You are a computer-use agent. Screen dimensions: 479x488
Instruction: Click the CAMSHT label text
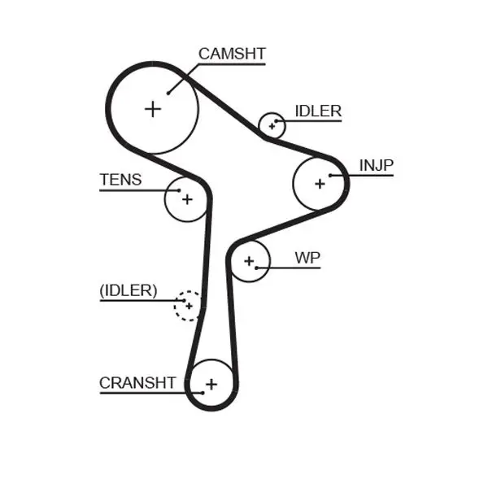pyautogui.click(x=232, y=54)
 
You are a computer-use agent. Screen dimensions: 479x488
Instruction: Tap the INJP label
pyautogui.click(x=376, y=166)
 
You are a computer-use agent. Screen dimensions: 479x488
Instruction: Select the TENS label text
pyautogui.click(x=120, y=180)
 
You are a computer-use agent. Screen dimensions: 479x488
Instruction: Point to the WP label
pyautogui.click(x=307, y=258)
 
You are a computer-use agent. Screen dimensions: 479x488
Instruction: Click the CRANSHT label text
pyautogui.click(x=137, y=382)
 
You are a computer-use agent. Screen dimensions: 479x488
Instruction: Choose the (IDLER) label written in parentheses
pyautogui.click(x=129, y=290)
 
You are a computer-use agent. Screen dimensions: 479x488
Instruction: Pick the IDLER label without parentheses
pyautogui.click(x=318, y=111)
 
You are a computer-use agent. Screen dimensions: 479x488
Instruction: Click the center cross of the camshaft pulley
pyautogui.click(x=153, y=108)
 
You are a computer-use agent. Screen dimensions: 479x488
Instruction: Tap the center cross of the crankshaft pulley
pyautogui.click(x=211, y=384)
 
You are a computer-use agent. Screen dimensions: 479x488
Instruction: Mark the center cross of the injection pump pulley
pyautogui.click(x=320, y=184)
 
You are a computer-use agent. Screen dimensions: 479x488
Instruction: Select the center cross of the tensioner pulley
pyautogui.click(x=187, y=198)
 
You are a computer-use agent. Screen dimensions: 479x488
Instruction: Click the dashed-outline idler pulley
pyautogui.click(x=189, y=306)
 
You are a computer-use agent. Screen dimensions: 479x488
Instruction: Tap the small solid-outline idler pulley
pyautogui.click(x=272, y=126)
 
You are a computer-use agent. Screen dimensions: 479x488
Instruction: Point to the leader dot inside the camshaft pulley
pyautogui.click(x=169, y=92)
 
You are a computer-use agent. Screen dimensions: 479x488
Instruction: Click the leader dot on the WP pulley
pyautogui.click(x=256, y=268)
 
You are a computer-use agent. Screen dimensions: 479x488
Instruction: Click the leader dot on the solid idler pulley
pyautogui.click(x=278, y=121)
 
